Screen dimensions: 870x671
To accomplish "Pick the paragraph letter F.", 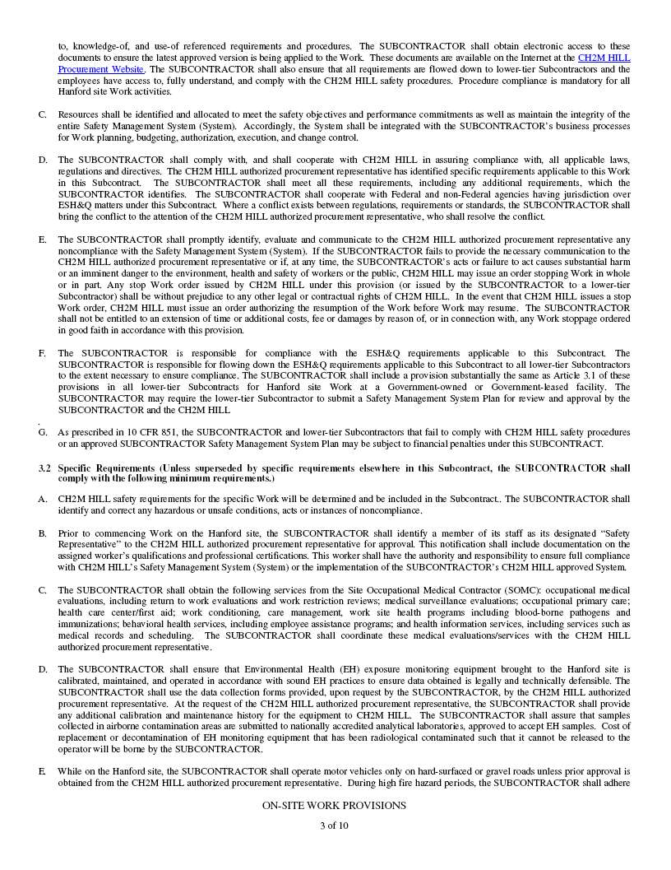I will (x=42, y=353).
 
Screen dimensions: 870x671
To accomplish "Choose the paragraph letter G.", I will (x=42, y=432).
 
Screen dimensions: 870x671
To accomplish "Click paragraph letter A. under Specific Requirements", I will (x=42, y=499).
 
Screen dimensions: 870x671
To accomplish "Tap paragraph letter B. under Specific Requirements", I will (x=42, y=533).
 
